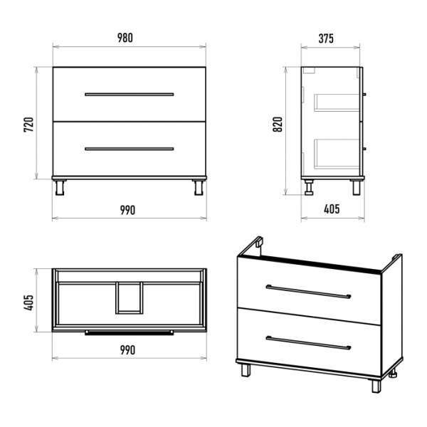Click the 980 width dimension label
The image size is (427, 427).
point(125,38)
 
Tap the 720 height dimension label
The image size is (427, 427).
point(28,125)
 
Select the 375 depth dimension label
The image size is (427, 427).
point(326,38)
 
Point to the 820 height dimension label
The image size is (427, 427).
point(278,125)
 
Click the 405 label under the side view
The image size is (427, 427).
point(332,209)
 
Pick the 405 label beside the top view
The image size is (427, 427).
point(28,302)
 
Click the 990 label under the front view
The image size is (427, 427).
point(127,210)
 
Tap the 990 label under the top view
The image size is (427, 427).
point(127,350)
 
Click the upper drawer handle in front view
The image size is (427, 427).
point(129,95)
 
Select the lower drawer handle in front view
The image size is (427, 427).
point(129,149)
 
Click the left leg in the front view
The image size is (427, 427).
point(60,188)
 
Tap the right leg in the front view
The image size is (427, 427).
point(199,188)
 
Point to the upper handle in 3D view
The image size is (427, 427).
point(308,292)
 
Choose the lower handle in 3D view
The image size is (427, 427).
point(308,343)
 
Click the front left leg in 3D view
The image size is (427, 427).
point(246,370)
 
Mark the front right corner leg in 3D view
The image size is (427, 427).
point(376,386)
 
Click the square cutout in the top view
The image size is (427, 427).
point(129,298)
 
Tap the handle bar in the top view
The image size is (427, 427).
point(129,332)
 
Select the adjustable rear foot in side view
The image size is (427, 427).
point(309,188)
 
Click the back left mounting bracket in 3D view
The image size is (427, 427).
point(260,241)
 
